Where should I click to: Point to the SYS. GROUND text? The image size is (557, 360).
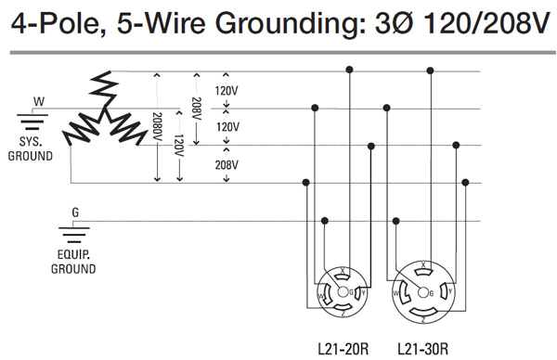coord(31,149)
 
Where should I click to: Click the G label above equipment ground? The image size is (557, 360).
coord(75,212)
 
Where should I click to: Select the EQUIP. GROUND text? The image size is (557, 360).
coord(73,262)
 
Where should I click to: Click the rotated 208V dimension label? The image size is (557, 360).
coord(196,109)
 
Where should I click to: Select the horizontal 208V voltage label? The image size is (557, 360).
coord(227,164)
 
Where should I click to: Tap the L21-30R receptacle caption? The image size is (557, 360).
coord(422,349)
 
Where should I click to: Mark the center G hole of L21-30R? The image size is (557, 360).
coord(423,291)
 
